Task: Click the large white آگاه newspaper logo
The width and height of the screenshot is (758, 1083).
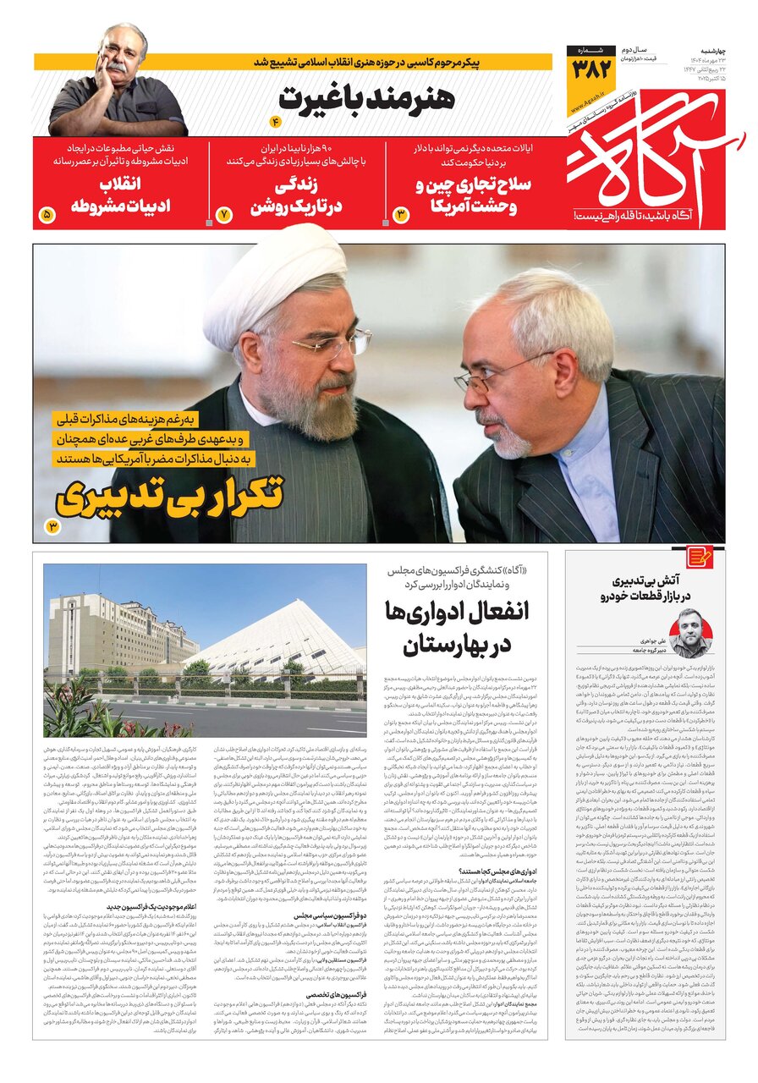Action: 651,157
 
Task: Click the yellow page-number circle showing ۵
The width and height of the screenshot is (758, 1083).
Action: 47,215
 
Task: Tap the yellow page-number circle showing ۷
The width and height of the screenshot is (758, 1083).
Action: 224,215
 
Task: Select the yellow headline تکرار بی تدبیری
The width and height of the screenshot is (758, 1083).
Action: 169,498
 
